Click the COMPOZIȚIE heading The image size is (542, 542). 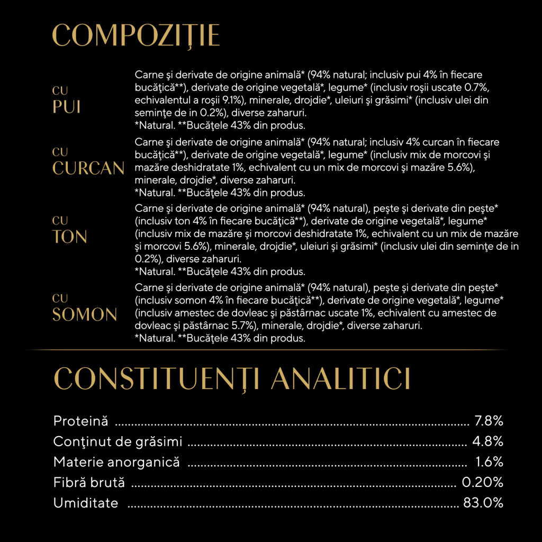click(136, 35)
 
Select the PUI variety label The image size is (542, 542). click(67, 106)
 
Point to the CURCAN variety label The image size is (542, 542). click(88, 168)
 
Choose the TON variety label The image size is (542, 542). click(70, 237)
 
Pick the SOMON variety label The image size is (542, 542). click(85, 314)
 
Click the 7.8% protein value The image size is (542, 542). click(489, 421)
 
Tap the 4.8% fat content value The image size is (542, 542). click(489, 441)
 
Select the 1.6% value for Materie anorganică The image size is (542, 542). click(490, 462)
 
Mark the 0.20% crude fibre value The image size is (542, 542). click(482, 482)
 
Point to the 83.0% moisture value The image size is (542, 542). click(483, 503)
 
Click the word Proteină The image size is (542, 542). click(81, 421)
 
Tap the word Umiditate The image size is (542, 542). click(86, 503)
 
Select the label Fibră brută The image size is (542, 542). click(89, 482)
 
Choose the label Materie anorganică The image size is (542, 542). click(116, 462)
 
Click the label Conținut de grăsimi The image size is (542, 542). click(118, 441)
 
